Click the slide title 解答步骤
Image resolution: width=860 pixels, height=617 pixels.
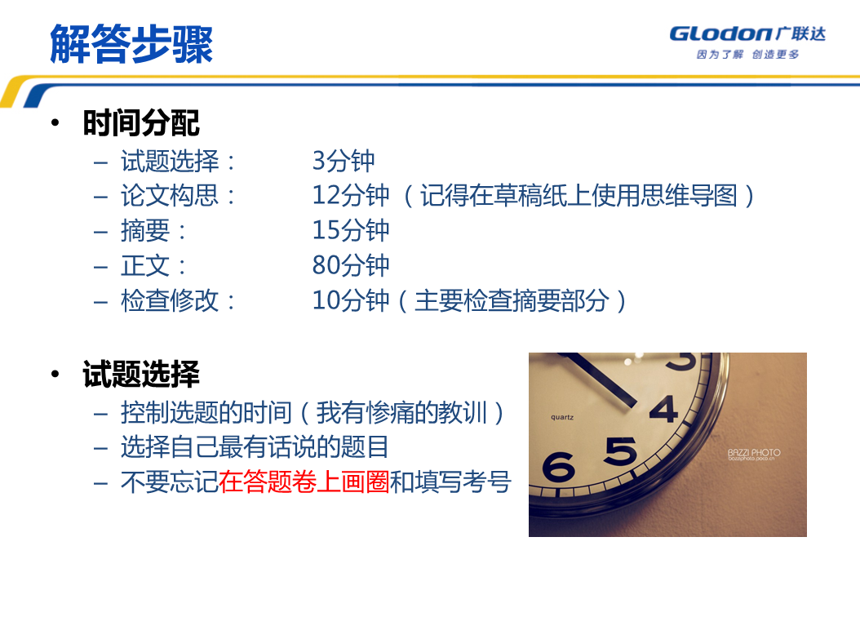(x=131, y=44)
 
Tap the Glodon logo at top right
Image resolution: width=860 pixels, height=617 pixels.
(x=747, y=34)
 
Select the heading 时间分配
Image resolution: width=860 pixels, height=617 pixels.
(x=141, y=122)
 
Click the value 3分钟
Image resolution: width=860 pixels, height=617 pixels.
(x=344, y=161)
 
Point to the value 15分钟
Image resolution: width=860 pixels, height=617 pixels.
(x=351, y=230)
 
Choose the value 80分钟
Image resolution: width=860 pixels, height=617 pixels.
(x=351, y=265)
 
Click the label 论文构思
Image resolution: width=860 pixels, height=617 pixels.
(x=170, y=195)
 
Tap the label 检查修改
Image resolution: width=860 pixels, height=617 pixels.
(x=170, y=300)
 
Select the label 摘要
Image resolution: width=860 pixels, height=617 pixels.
(x=145, y=230)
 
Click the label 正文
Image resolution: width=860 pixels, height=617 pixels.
(x=145, y=265)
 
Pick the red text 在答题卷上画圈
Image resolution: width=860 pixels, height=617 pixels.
(x=304, y=482)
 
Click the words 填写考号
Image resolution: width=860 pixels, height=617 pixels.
(x=463, y=482)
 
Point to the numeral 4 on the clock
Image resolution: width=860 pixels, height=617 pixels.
(x=664, y=410)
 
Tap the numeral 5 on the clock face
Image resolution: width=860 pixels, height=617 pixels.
(x=621, y=451)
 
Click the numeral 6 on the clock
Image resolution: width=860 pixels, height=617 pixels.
(x=558, y=468)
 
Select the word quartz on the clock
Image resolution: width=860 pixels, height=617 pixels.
(x=562, y=417)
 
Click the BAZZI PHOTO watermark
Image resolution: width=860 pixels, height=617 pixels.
(x=754, y=453)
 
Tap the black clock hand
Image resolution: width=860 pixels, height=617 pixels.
(x=601, y=380)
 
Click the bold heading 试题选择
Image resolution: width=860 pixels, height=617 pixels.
(x=141, y=374)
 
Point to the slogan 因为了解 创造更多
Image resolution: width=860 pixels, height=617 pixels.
(x=747, y=55)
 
